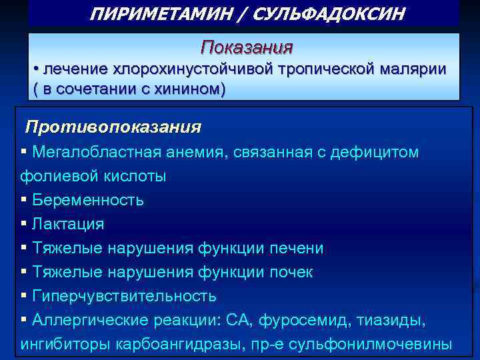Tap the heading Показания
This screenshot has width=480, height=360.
pyautogui.click(x=247, y=47)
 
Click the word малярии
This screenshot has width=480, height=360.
pyautogui.click(x=413, y=70)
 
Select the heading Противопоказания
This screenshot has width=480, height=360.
pyautogui.click(x=113, y=126)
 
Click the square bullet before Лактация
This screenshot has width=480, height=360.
pyautogui.click(x=24, y=224)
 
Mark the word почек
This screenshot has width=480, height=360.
pyautogui.click(x=291, y=273)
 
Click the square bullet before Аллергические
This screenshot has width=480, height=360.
pyautogui.click(x=24, y=320)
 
